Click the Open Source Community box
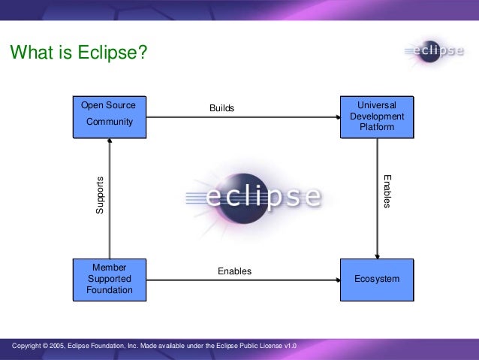pos(109,116)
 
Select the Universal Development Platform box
pos(377,116)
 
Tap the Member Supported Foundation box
pos(109,279)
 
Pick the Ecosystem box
pos(377,279)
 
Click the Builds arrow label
pos(221,108)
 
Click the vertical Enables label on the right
pos(387,192)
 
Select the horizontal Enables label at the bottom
pos(234,271)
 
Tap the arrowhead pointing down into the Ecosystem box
pos(377,255)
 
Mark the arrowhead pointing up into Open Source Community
pos(110,143)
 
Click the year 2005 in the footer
pos(61,346)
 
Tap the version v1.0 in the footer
pos(290,346)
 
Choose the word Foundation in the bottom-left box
pos(109,290)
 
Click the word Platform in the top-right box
pos(377,127)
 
